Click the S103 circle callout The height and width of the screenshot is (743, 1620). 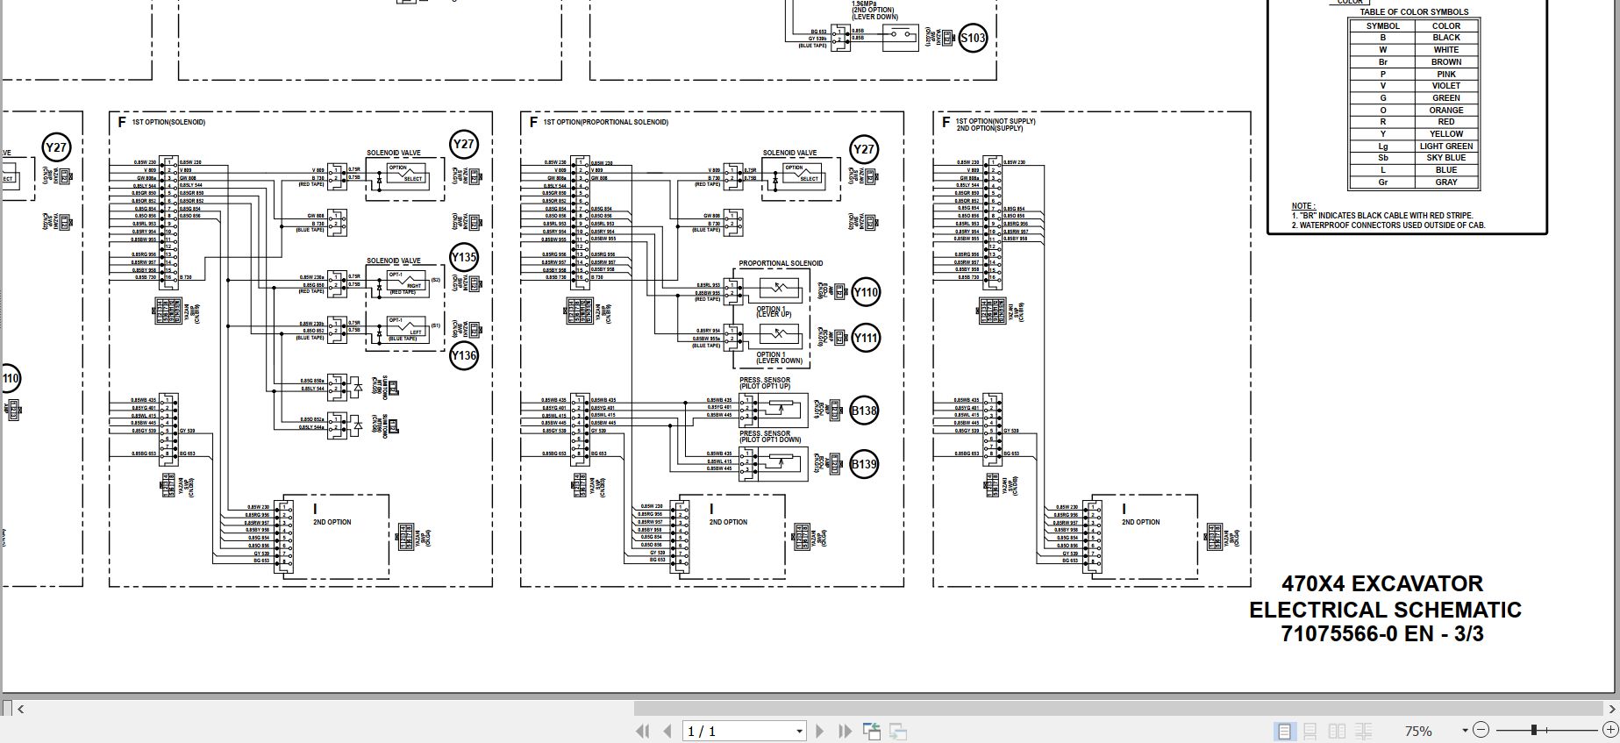tap(973, 38)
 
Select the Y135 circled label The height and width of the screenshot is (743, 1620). tap(464, 257)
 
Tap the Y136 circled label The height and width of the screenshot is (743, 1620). tap(464, 355)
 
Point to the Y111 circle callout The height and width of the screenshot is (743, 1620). tap(865, 338)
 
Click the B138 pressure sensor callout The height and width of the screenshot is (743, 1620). tap(864, 410)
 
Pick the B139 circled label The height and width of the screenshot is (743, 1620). tap(864, 464)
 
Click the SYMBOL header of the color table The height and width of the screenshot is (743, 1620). tap(1382, 26)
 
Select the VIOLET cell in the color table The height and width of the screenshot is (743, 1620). tap(1446, 86)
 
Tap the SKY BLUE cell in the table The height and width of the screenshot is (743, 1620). tap(1446, 158)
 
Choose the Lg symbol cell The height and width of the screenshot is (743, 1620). tap(1382, 146)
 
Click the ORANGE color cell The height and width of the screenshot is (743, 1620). tap(1446, 111)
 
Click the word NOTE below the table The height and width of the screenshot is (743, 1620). tap(1302, 206)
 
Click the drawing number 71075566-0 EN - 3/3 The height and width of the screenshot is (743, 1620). tap(1382, 634)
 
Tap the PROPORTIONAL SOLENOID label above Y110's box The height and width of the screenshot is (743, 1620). tap(781, 263)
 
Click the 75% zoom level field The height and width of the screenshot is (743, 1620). tap(1418, 731)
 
